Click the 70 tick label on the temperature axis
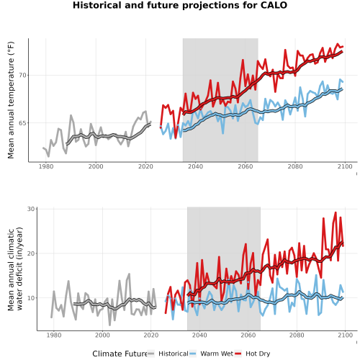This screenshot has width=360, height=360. tap(22, 76)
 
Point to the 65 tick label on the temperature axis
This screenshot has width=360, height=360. tap(22, 123)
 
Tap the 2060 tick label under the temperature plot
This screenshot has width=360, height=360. tap(246, 166)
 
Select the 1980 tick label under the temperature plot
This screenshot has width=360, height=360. tap(46, 166)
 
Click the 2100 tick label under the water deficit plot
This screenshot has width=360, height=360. tap(345, 335)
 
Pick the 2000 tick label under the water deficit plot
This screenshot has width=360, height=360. tap(102, 335)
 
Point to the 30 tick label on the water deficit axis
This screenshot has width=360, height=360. tap(31, 209)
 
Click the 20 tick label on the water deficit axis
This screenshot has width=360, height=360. tap(31, 253)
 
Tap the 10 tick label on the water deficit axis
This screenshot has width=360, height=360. tap(31, 298)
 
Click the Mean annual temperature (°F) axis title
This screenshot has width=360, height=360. tap(11, 100)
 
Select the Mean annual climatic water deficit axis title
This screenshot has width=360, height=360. tap(15, 269)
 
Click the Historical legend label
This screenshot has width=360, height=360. tap(174, 354)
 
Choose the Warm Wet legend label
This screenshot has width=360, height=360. tap(217, 354)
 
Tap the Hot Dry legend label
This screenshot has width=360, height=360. tap(258, 354)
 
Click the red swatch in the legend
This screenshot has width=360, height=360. tap(238, 354)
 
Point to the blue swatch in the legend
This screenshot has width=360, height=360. tap(193, 354)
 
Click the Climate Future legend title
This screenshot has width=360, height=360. tap(120, 354)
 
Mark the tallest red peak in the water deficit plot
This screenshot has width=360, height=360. tap(336, 212)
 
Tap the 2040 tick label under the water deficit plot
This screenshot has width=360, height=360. tap(199, 335)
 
